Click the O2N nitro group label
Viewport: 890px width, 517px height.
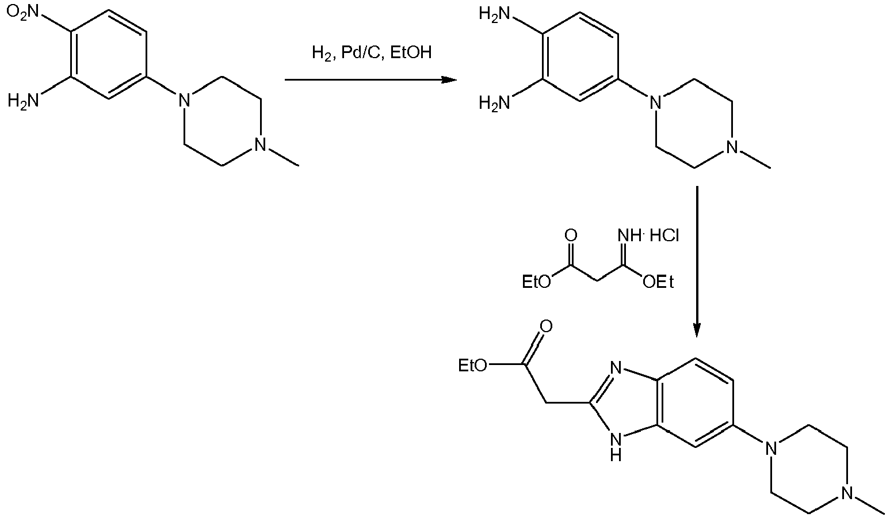(x=23, y=12)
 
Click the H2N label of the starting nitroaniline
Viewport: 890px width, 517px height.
(x=24, y=100)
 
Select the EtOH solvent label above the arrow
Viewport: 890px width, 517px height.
(x=411, y=52)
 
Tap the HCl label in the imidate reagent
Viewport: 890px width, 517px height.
(x=664, y=236)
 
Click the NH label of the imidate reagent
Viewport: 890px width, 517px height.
(x=629, y=236)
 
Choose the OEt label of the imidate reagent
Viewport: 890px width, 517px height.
(x=658, y=282)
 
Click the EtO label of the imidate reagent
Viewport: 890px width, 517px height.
(x=537, y=282)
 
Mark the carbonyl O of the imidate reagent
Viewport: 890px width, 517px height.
(x=571, y=236)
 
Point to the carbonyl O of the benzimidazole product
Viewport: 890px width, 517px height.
(x=547, y=326)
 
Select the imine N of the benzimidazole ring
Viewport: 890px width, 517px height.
(x=616, y=368)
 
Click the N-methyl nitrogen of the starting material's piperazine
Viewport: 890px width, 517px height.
(x=260, y=144)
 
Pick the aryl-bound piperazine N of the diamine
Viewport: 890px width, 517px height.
(x=655, y=103)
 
